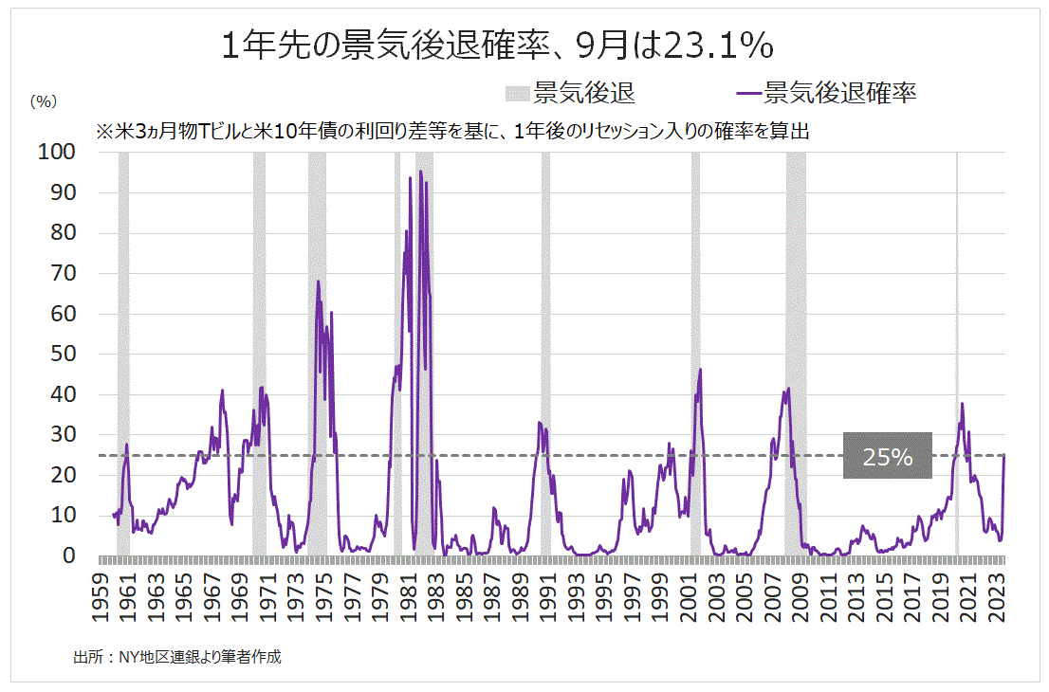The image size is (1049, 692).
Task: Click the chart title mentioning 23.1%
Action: tap(497, 46)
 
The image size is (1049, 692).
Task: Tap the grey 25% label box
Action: tap(887, 456)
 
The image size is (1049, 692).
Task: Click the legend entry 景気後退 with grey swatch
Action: tap(569, 92)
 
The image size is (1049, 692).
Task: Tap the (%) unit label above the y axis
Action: tap(44, 100)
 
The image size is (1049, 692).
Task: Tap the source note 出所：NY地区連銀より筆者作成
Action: tap(177, 656)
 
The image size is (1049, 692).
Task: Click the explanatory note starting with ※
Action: tap(451, 131)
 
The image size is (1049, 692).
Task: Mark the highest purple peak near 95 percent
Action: tap(421, 173)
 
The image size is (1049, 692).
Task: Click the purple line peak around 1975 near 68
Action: tap(319, 282)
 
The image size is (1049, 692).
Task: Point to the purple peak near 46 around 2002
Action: tap(700, 370)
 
